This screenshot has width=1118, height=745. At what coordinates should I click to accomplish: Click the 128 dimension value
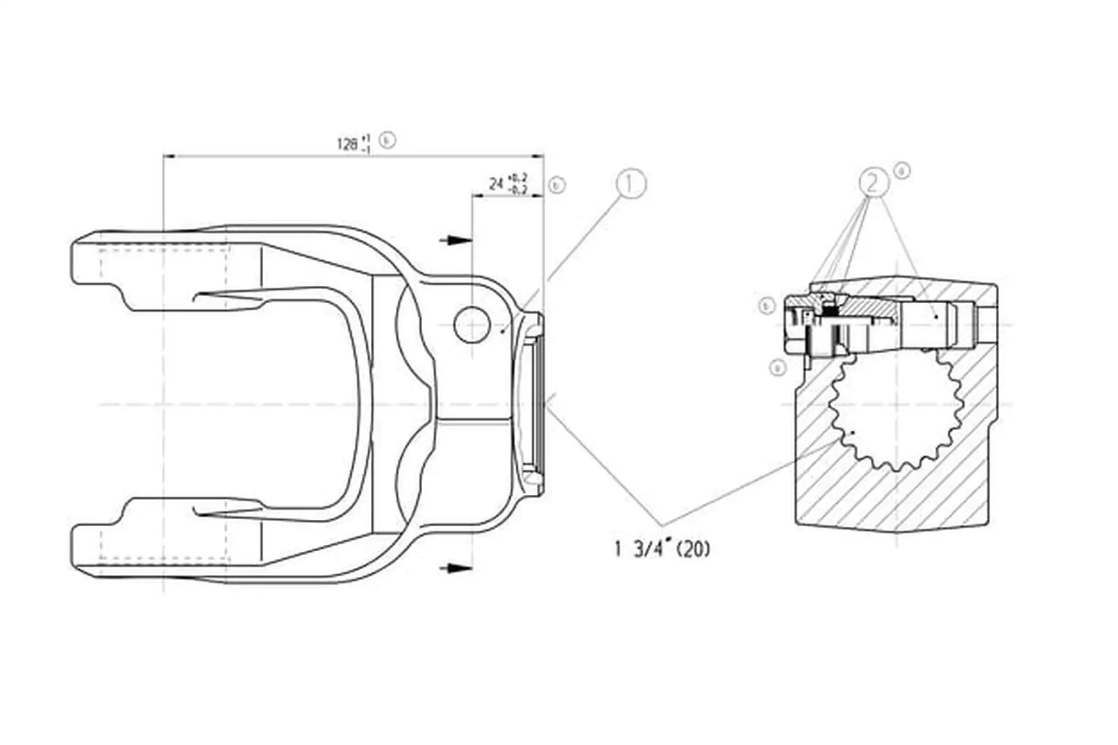(348, 144)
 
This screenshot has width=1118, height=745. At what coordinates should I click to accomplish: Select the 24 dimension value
(496, 185)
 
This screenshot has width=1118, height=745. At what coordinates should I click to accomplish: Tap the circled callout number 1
(631, 184)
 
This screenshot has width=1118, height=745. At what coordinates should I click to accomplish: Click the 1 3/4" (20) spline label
(663, 549)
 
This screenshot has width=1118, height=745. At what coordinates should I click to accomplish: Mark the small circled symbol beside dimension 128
(387, 140)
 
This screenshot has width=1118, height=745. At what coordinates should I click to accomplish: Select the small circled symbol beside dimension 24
(557, 186)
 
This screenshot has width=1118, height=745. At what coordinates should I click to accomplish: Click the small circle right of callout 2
(902, 171)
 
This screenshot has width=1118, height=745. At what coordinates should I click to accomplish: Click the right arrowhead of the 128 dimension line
(538, 156)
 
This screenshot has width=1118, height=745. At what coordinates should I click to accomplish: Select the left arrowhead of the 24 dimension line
(477, 196)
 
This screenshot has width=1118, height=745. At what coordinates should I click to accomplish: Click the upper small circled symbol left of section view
(767, 306)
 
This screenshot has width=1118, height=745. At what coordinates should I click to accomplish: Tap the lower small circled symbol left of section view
(777, 367)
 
